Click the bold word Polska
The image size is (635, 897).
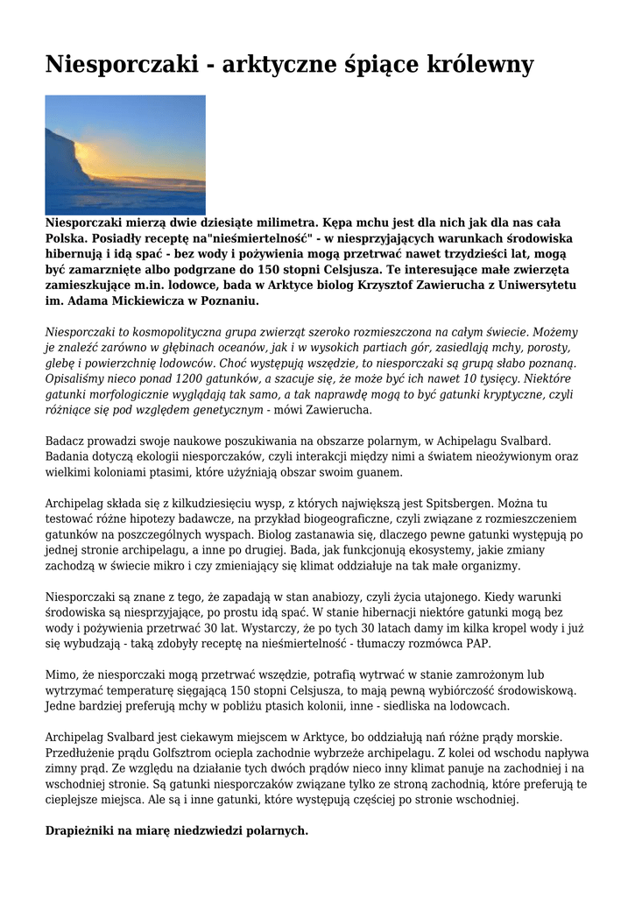point(67,238)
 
